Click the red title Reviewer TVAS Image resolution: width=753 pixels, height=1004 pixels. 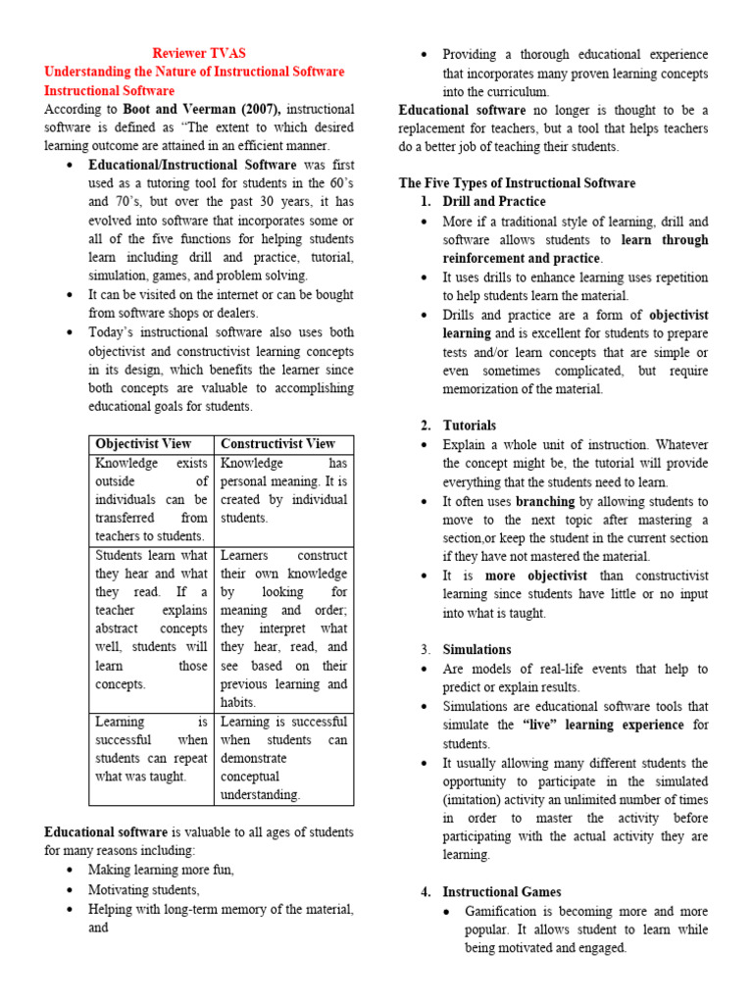(x=199, y=53)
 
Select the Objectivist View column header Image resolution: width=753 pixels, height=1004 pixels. (x=143, y=444)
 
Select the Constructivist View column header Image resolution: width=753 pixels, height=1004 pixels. (x=277, y=444)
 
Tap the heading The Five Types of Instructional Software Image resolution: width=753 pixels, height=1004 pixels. (x=517, y=183)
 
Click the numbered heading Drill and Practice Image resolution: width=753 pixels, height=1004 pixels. (x=494, y=202)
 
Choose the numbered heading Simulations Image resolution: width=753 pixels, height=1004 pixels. (x=477, y=649)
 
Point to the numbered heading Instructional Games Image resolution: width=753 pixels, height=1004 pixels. (x=502, y=891)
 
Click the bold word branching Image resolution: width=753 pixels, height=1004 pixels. (x=545, y=500)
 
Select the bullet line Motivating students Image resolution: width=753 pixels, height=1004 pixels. (x=144, y=889)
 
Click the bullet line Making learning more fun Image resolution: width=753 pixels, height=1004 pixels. (x=161, y=870)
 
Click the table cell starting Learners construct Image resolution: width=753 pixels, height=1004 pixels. (x=283, y=628)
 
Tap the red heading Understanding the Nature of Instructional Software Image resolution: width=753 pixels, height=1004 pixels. (x=194, y=72)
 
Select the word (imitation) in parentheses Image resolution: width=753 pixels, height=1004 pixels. (x=477, y=799)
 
